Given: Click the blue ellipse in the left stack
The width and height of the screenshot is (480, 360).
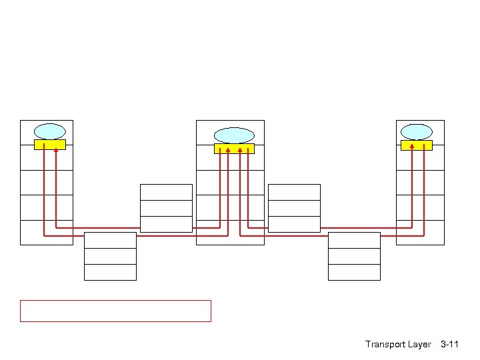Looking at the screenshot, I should [49, 131].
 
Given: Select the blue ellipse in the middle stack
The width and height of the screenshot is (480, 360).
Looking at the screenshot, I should [234, 135].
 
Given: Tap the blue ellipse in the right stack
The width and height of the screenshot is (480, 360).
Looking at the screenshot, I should [416, 131].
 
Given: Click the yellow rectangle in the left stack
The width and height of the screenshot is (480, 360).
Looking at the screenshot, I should [49, 145].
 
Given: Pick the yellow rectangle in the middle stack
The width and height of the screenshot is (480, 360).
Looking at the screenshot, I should [234, 149].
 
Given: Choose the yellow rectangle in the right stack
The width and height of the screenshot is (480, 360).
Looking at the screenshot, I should [416, 145].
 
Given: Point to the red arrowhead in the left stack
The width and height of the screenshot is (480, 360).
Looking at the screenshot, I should [56, 150].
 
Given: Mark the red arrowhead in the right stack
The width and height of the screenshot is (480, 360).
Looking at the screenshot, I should [412, 144].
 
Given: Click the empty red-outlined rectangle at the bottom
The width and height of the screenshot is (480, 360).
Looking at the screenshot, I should [115, 311].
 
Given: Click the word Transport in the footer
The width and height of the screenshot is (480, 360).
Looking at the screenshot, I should [385, 345].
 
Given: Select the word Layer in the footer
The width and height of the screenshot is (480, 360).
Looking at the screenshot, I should [419, 345].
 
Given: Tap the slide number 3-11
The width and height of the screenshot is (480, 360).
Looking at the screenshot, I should [449, 345].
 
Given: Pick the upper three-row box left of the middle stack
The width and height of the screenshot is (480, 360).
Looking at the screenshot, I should [166, 208].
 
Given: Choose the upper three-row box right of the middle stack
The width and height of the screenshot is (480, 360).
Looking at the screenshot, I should [294, 208].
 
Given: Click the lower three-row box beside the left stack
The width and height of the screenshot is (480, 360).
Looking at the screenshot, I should [110, 256].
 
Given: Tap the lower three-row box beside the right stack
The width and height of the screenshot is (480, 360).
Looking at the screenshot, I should [354, 256].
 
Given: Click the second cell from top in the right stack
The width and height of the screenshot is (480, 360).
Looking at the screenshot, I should [420, 157].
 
